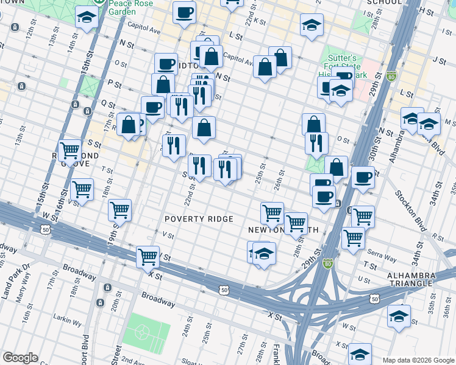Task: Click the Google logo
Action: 20,357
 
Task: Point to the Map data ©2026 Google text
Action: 418,360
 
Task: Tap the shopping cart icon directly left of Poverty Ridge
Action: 119,210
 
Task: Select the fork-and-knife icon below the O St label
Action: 316,142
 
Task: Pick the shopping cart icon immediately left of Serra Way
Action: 353,237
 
